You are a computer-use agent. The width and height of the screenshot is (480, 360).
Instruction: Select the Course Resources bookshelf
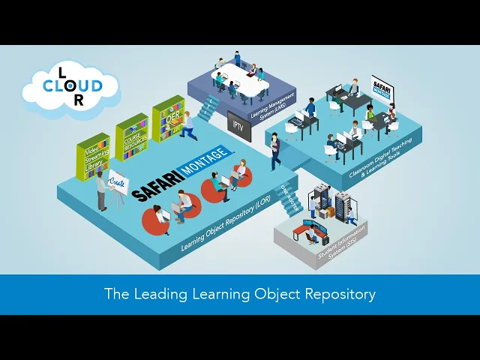[131, 136]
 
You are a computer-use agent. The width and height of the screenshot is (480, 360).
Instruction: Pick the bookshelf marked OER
[168, 120]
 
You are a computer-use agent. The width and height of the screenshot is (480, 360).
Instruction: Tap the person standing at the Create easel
[100, 190]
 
